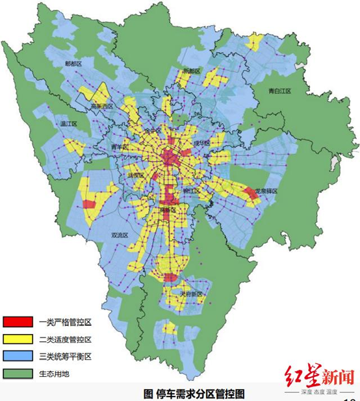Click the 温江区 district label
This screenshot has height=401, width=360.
pos(69,123)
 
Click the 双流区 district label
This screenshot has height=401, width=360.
pos(120,235)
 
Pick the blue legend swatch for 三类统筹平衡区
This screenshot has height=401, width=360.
pos(18,357)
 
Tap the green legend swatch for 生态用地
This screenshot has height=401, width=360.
pos(18,374)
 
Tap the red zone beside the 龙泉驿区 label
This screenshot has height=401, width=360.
pos(250,192)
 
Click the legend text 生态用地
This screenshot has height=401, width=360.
pos(55,374)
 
